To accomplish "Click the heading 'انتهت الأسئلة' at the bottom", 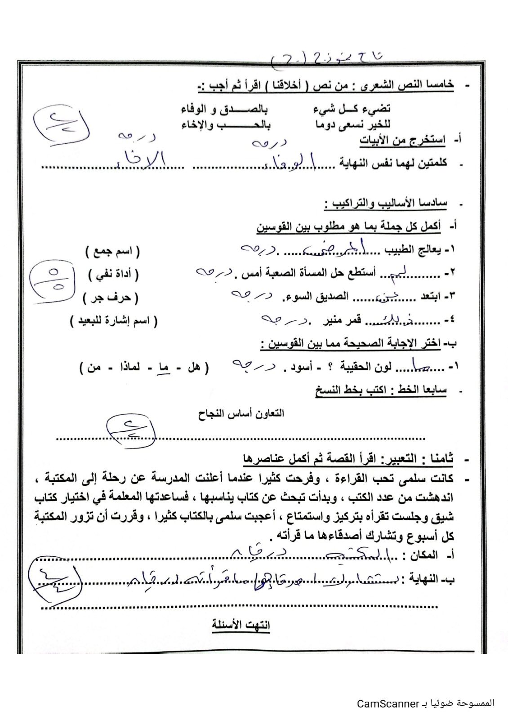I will pyautogui.click(x=241, y=625).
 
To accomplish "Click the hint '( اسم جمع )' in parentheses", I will pyautogui.click(x=112, y=252).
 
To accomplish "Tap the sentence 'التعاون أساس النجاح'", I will pyautogui.click(x=241, y=413).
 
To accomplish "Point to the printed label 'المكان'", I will pyautogui.click(x=423, y=556).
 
